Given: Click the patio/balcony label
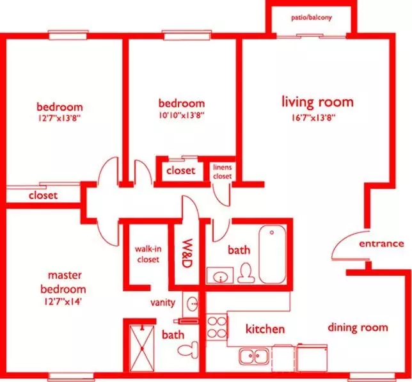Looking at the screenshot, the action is (x=312, y=18).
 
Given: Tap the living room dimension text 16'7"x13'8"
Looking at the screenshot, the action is (x=313, y=118).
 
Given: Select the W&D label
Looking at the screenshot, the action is (x=187, y=253).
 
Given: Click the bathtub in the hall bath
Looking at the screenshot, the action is (x=273, y=254).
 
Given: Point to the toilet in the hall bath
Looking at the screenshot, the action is (x=246, y=273).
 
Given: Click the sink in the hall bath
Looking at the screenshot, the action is (x=220, y=275).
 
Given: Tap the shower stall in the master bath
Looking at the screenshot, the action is (x=142, y=348).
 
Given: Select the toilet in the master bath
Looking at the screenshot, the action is (x=188, y=350).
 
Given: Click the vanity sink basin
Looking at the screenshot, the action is (x=193, y=304).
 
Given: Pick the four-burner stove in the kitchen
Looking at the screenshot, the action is (x=216, y=328).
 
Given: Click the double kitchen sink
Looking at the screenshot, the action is (x=254, y=356).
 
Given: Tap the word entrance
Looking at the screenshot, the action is (x=381, y=244).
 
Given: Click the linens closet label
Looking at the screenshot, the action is (x=222, y=171).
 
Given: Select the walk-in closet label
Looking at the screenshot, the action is (x=148, y=254).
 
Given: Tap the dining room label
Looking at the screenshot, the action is (x=358, y=328).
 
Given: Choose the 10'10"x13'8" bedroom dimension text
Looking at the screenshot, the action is (x=181, y=115).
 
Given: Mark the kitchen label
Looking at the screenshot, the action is (x=265, y=329).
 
